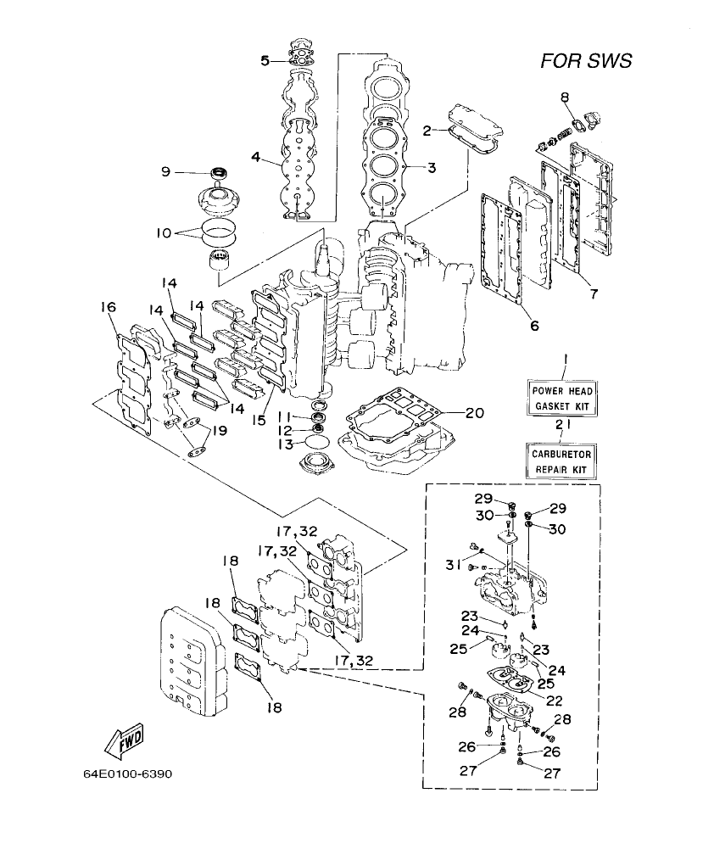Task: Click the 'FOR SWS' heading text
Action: click(586, 61)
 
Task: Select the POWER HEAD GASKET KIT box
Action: click(562, 399)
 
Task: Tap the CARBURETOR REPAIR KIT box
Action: click(561, 461)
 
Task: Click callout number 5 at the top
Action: click(265, 60)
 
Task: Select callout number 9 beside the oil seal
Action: click(165, 172)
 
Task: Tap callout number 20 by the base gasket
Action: click(474, 413)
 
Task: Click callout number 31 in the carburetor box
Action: click(455, 566)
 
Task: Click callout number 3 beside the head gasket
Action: click(432, 168)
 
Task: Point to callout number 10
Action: click(164, 232)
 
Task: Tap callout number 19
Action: click(219, 431)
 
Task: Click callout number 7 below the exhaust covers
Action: click(594, 294)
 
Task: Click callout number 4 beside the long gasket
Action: click(255, 156)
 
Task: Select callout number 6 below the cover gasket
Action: click(534, 325)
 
